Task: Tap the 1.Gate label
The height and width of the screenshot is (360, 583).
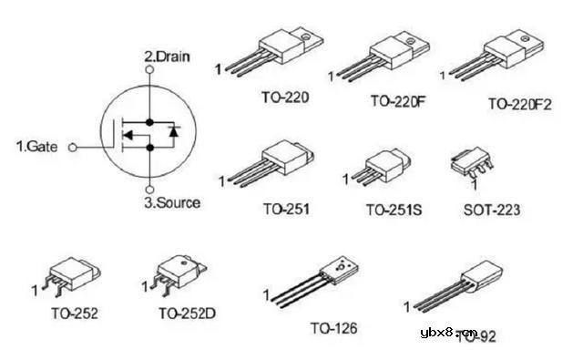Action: [37, 145]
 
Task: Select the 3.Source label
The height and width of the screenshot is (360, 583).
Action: [172, 201]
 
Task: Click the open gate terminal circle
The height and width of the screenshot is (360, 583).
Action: [74, 145]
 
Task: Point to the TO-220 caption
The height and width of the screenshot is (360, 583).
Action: [284, 95]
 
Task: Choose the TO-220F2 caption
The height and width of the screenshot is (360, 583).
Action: [520, 103]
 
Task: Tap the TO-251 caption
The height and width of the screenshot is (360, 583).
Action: [287, 209]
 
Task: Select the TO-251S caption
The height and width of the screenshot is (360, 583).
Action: [394, 209]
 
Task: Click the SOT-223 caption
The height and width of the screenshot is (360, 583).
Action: [492, 210]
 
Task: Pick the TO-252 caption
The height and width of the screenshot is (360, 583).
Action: [74, 314]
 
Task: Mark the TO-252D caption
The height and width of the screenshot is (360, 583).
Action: [187, 314]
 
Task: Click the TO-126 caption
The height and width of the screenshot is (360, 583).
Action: [333, 327]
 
